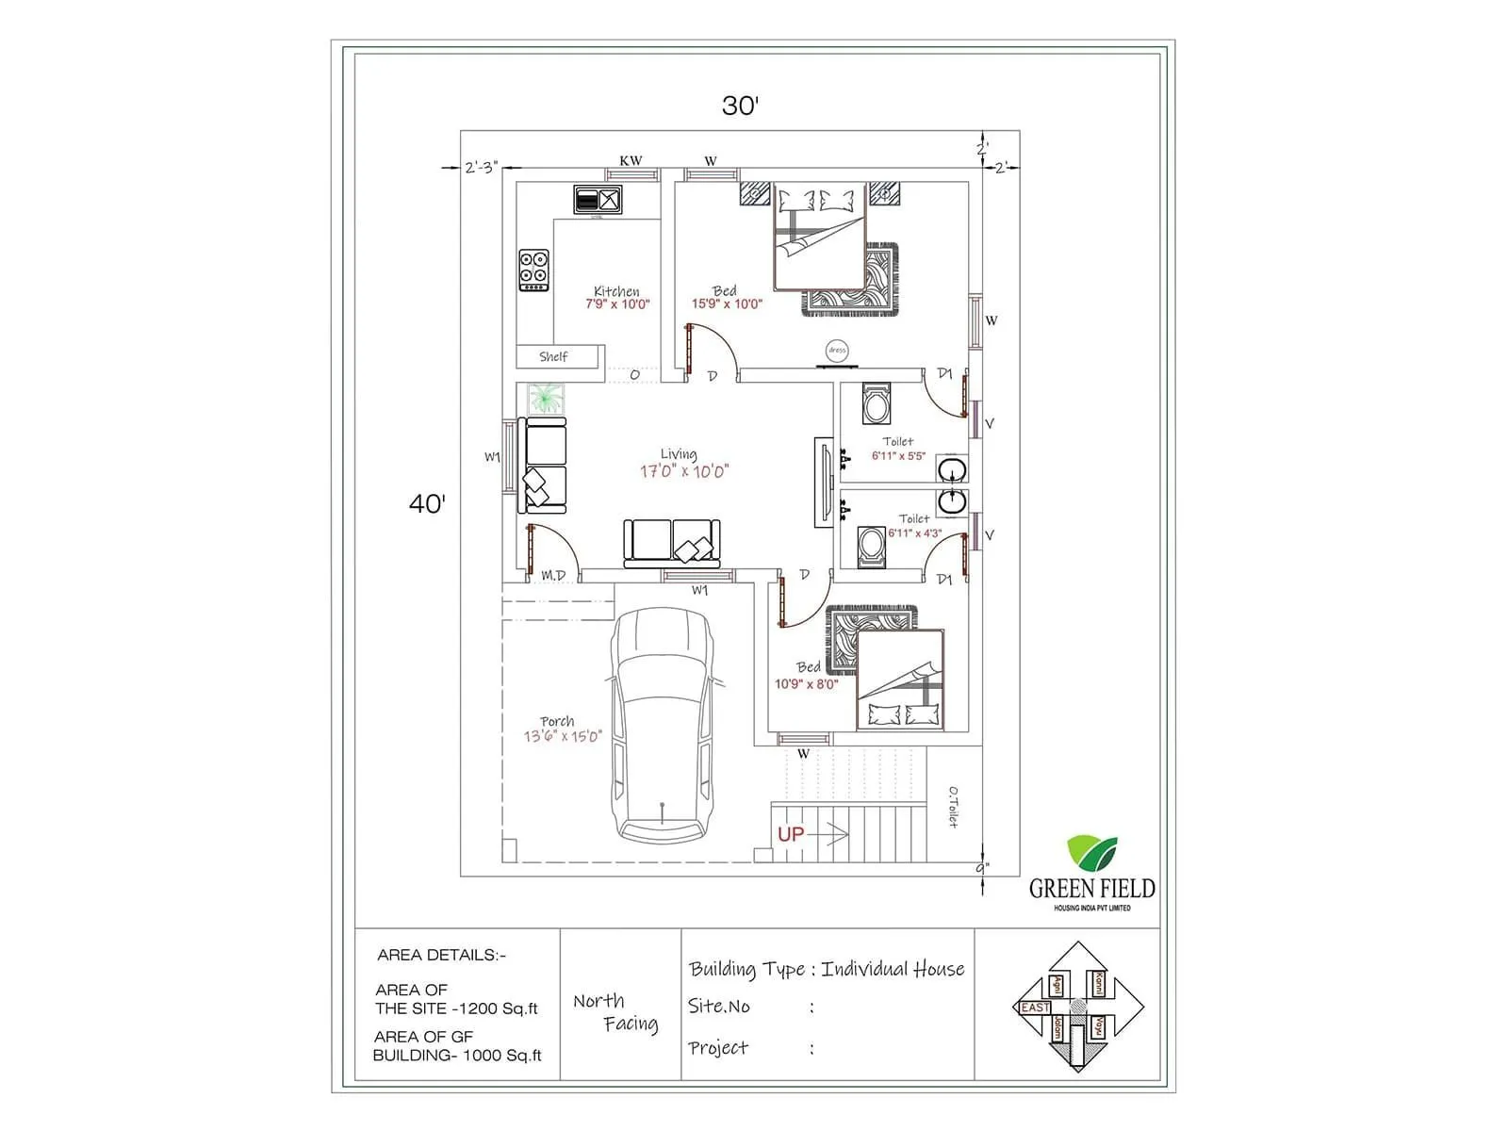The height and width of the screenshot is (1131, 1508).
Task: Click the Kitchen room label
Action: pyautogui.click(x=616, y=291)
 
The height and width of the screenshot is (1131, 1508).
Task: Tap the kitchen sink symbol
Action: pyautogui.click(x=598, y=200)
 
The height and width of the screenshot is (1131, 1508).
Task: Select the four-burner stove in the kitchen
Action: pyautogui.click(x=533, y=270)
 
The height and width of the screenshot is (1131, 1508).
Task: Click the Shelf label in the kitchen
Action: pyautogui.click(x=553, y=357)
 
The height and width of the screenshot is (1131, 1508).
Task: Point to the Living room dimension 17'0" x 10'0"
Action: pyautogui.click(x=684, y=471)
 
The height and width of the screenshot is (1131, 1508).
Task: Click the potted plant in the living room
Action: pyautogui.click(x=544, y=398)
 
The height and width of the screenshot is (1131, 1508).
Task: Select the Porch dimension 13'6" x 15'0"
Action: pyautogui.click(x=563, y=736)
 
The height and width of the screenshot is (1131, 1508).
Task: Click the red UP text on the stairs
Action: pyautogui.click(x=791, y=834)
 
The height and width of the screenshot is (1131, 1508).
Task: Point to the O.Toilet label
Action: pyautogui.click(x=953, y=807)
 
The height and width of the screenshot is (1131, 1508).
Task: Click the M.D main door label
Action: pyautogui.click(x=553, y=575)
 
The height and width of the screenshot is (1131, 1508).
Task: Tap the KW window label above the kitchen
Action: pyautogui.click(x=631, y=161)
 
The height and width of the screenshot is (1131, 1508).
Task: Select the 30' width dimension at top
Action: pyautogui.click(x=741, y=106)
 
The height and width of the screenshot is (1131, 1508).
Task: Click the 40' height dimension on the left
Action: pyautogui.click(x=427, y=503)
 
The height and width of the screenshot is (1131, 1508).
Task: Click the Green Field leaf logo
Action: pyautogui.click(x=1091, y=853)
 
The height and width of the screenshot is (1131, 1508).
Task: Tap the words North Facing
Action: pyautogui.click(x=615, y=1012)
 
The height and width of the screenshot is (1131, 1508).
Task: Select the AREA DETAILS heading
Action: pyautogui.click(x=441, y=955)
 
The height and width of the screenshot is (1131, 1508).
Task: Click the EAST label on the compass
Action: pyautogui.click(x=1035, y=1008)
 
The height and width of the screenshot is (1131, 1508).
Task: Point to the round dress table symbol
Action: pyautogui.click(x=837, y=350)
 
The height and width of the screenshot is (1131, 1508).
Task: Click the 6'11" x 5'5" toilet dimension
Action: pyautogui.click(x=898, y=456)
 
